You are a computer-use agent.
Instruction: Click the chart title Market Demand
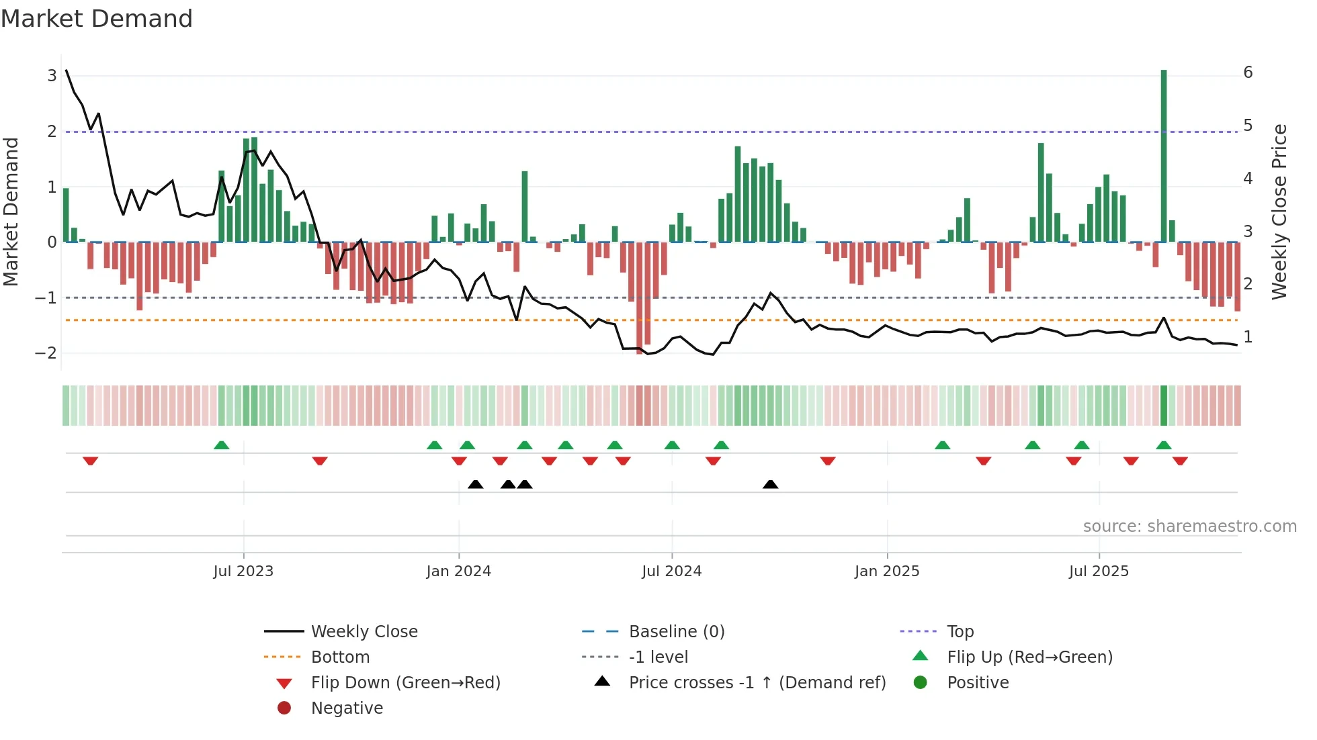click(97, 19)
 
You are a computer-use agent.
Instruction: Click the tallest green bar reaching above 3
click(1164, 154)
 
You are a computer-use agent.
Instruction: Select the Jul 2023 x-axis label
click(243, 571)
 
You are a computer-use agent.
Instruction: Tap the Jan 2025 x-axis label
click(887, 571)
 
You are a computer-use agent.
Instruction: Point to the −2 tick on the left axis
click(46, 353)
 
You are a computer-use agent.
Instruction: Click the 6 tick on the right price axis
click(1248, 73)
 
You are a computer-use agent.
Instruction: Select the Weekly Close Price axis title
click(1279, 212)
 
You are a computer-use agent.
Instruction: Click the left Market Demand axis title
click(11, 212)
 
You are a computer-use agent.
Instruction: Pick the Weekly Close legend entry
click(364, 632)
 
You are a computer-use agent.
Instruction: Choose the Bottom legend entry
click(340, 657)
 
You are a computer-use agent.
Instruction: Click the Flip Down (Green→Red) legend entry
click(405, 683)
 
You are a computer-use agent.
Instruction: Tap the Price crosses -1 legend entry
click(757, 683)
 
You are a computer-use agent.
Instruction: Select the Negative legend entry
click(347, 708)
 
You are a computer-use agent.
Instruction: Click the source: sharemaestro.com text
click(1189, 526)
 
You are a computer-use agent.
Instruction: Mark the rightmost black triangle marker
click(771, 485)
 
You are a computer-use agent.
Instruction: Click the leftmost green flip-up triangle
click(221, 445)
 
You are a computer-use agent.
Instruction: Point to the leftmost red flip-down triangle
click(91, 461)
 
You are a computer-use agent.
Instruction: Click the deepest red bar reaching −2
click(640, 299)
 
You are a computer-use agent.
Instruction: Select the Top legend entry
click(960, 632)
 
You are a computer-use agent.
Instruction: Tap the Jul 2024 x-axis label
click(671, 571)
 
